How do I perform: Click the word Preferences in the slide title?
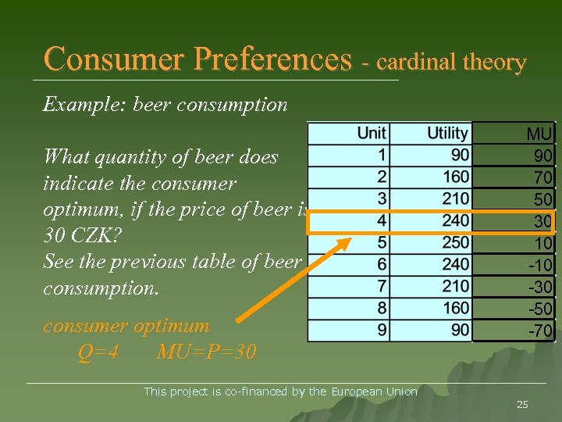[272, 59]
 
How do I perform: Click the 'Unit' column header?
[372, 134]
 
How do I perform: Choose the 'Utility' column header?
[447, 134]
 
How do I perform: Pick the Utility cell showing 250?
[455, 243]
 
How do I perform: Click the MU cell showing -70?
[539, 331]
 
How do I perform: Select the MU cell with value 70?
[542, 178]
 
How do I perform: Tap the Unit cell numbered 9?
[381, 331]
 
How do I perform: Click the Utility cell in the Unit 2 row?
[455, 177]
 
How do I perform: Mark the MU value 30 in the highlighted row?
[542, 222]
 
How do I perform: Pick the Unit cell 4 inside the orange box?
[381, 221]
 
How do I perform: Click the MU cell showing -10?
[539, 266]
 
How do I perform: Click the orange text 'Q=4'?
[98, 352]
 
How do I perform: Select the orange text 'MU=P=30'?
[206, 352]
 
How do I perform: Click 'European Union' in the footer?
[374, 392]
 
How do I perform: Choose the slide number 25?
[522, 404]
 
